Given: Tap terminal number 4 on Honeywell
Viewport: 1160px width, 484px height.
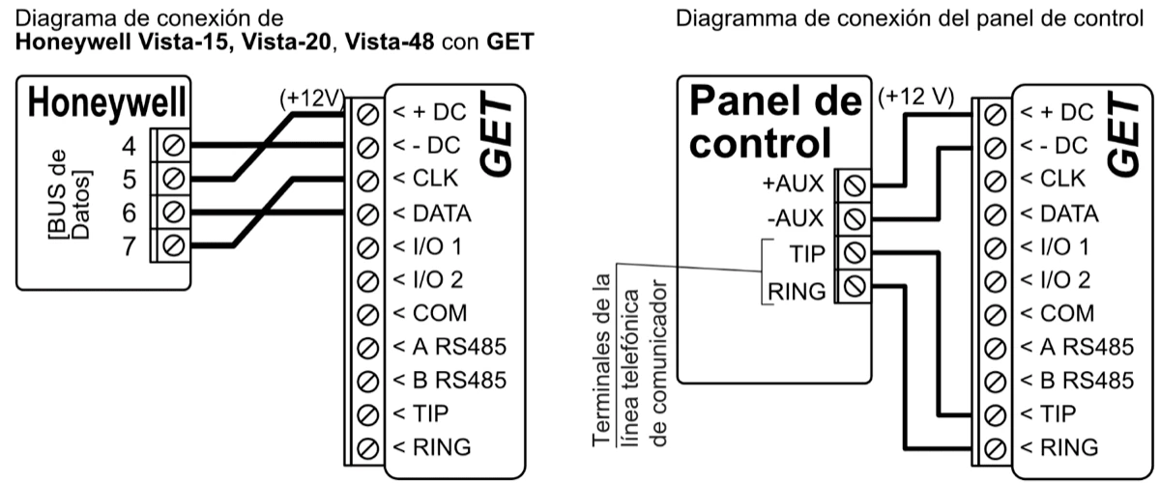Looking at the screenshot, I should tap(127, 146).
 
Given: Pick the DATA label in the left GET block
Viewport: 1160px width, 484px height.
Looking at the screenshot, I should tap(431, 214).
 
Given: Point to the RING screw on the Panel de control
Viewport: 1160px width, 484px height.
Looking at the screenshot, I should tap(854, 287).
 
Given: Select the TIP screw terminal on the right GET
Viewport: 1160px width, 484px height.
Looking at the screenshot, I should tap(993, 413).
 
